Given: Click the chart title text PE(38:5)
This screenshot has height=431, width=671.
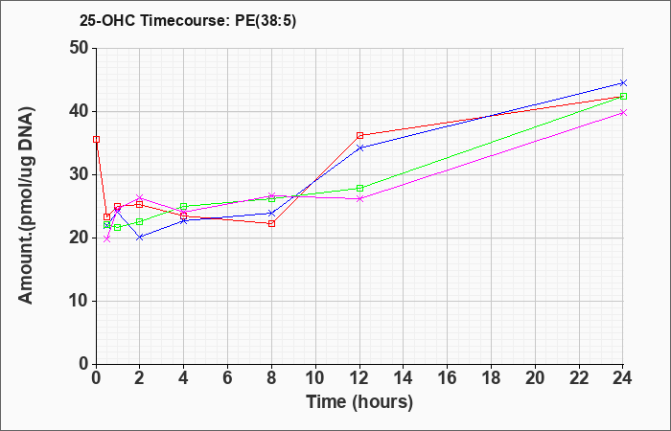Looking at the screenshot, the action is (266, 21).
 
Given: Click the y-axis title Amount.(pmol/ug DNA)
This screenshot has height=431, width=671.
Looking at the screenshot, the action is (26, 206).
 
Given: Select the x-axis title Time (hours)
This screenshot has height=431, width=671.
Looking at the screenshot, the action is (359, 402).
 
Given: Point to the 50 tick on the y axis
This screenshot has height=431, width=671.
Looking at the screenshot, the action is (80, 48).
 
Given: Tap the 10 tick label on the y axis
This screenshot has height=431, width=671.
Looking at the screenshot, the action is (80, 301).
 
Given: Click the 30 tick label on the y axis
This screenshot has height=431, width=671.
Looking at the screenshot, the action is (80, 174).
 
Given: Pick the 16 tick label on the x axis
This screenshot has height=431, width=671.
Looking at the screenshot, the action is (448, 378).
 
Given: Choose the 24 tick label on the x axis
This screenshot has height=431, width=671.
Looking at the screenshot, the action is (622, 378).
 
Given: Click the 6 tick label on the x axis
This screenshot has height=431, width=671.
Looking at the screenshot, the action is (228, 378).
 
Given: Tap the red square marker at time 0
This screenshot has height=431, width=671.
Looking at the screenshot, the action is (96, 140).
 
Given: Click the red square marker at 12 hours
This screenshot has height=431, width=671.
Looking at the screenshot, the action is (359, 136).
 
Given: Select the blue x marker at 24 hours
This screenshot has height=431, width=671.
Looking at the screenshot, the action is (623, 82).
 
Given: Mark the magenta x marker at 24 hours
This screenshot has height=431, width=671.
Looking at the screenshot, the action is (623, 112).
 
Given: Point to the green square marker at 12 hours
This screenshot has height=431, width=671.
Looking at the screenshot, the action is (359, 188).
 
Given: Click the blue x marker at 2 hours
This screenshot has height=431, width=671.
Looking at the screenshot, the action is (140, 237).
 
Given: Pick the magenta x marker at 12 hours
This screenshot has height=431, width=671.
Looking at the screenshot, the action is (359, 198).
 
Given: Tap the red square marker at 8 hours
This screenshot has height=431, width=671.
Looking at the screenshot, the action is (271, 223).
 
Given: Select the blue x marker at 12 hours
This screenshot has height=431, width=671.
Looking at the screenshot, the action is (359, 147).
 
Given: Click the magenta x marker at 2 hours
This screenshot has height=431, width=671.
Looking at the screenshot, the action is (140, 197).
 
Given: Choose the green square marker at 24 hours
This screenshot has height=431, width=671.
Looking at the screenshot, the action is (623, 96).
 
